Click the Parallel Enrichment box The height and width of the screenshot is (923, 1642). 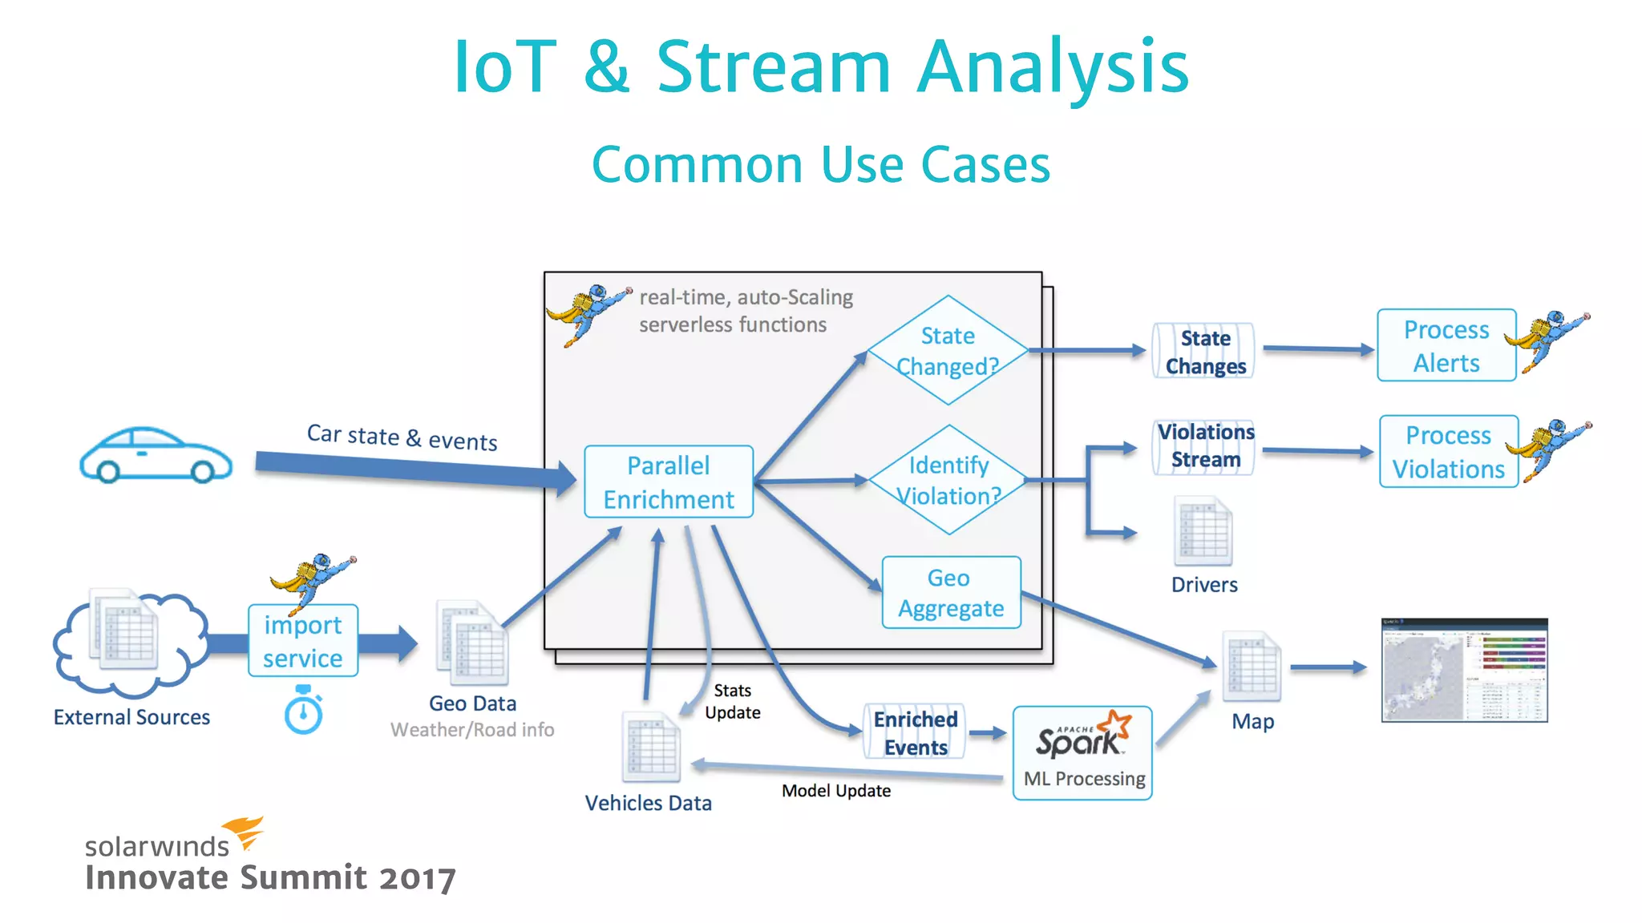click(x=669, y=482)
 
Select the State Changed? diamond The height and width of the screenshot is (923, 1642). click(x=948, y=350)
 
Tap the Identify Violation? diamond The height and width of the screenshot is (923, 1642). click(x=948, y=480)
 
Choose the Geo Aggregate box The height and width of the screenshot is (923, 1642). click(x=951, y=593)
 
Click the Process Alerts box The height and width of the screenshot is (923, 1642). click(x=1446, y=345)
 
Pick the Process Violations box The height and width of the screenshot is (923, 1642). click(x=1448, y=452)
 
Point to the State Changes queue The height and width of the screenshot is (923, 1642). click(x=1204, y=351)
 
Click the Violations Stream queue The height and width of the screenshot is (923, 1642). click(x=1204, y=445)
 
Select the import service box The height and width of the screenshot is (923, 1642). click(x=303, y=641)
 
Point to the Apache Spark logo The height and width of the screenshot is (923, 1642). click(x=1083, y=735)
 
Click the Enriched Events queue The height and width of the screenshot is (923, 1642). click(x=915, y=732)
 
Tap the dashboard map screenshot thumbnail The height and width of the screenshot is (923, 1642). click(x=1464, y=670)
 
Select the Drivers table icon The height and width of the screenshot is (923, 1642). click(x=1203, y=531)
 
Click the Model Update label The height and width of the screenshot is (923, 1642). click(x=836, y=791)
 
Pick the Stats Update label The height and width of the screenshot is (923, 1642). click(x=732, y=701)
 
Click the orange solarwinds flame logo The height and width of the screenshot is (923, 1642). click(x=245, y=832)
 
